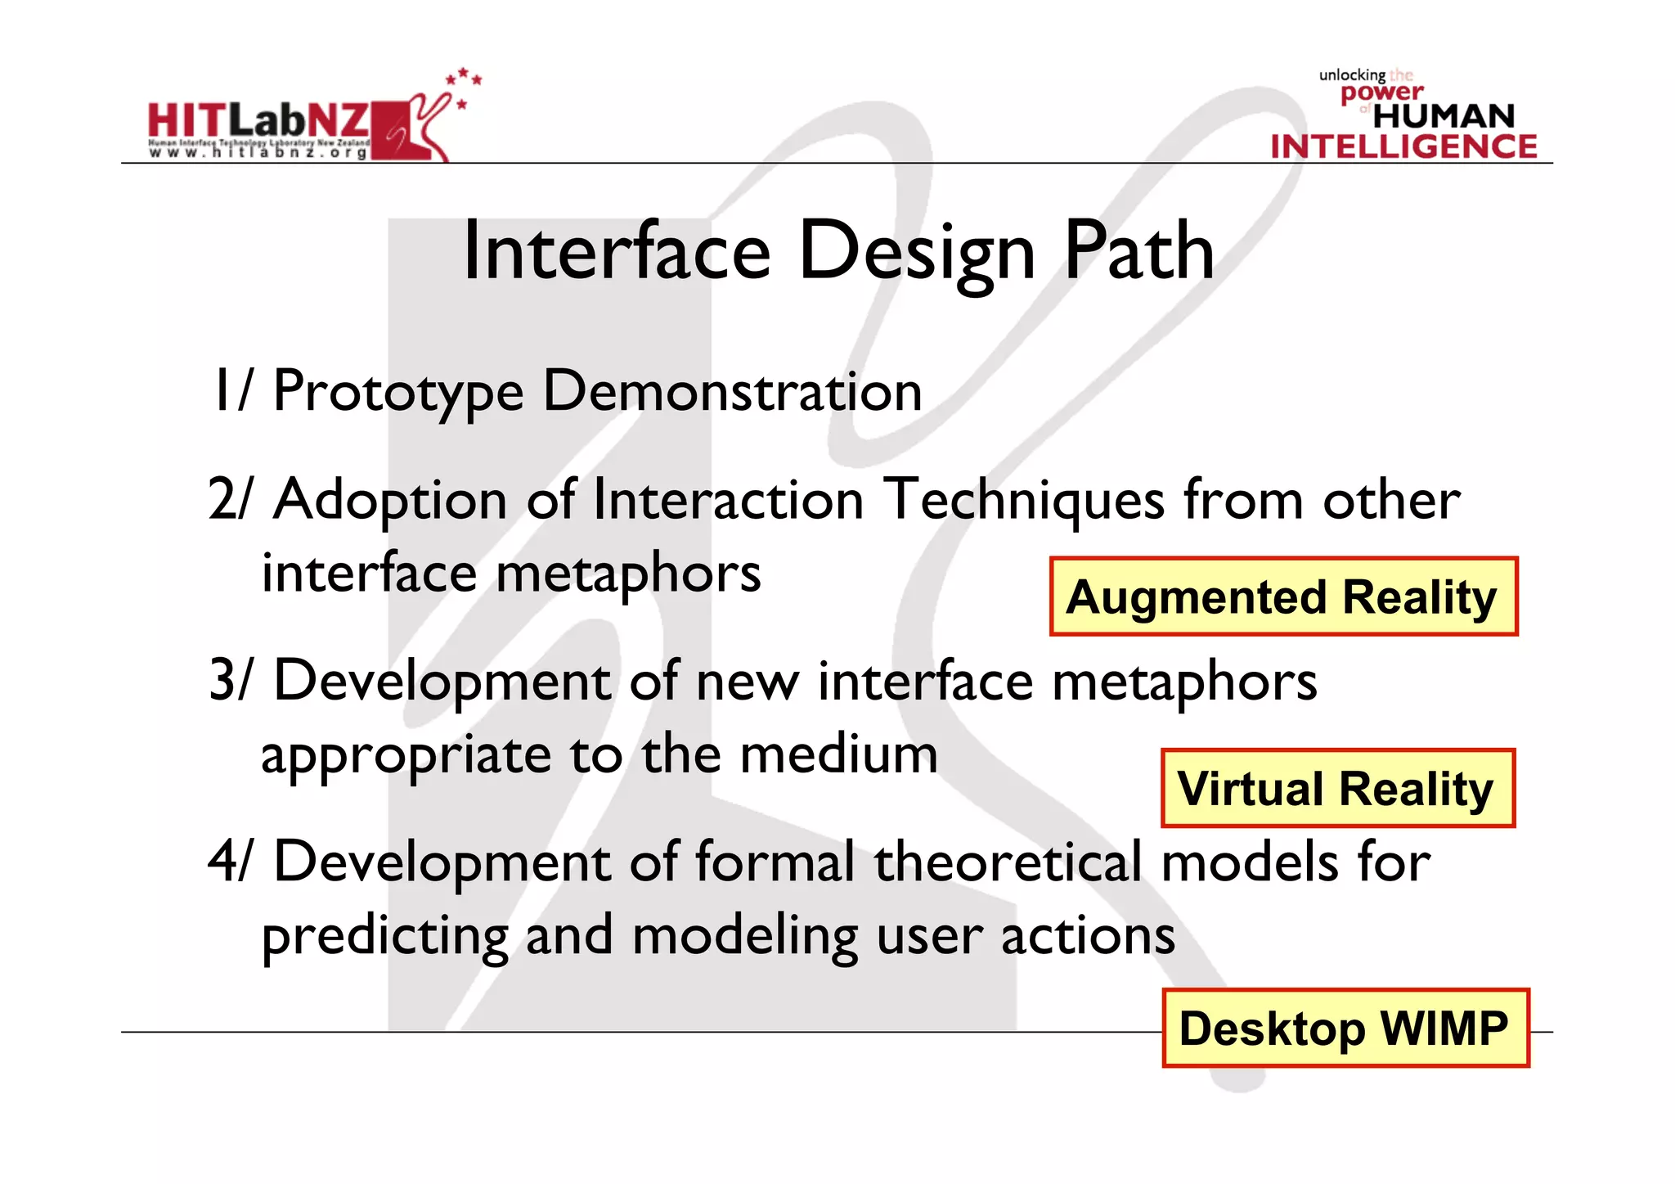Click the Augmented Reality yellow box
[1282, 597]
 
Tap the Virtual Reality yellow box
[1337, 788]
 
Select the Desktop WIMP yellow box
[1345, 1028]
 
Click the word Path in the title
[1138, 252]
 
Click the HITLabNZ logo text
[258, 121]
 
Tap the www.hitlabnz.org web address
[258, 153]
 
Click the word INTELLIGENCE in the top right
[1403, 147]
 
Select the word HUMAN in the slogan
[1444, 116]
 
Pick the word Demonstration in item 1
[732, 391]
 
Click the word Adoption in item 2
[390, 501]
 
